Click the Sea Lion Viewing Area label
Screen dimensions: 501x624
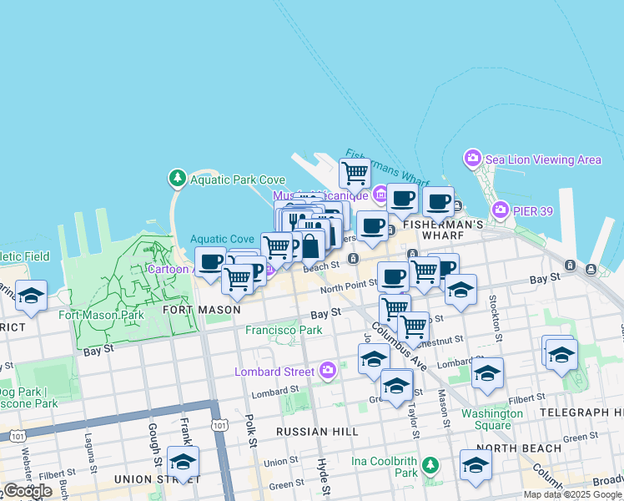coord(543,159)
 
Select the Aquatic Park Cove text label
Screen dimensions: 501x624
coord(238,180)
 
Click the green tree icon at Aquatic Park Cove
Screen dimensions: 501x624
coord(177,178)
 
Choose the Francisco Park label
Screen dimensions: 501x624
coord(284,330)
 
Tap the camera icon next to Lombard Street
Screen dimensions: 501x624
coord(328,369)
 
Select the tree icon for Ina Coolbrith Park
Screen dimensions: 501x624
coord(430,464)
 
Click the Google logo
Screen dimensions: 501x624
coord(28,491)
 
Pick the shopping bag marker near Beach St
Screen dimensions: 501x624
coord(309,246)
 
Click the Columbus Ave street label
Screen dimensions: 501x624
coord(400,343)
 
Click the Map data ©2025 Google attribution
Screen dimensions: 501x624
coord(572,494)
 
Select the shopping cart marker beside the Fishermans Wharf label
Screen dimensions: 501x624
coord(355,173)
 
